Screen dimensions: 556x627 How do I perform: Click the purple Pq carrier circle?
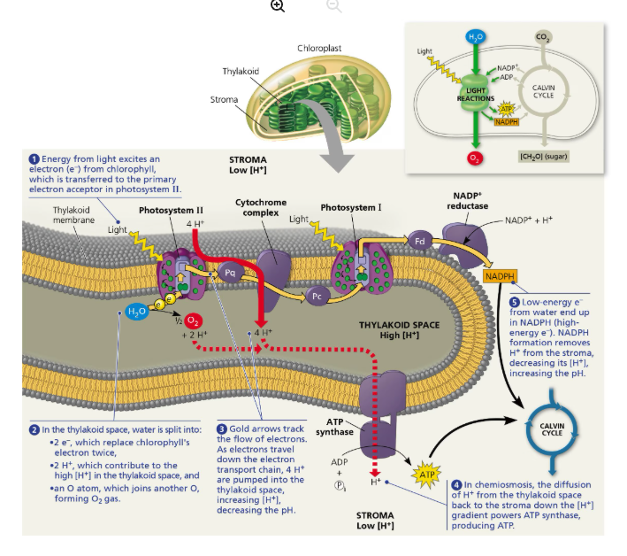click(x=230, y=274)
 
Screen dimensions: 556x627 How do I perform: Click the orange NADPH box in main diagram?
click(x=500, y=277)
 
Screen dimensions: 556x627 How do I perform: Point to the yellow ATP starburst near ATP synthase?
click(x=428, y=475)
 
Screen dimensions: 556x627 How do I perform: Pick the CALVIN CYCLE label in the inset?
click(x=543, y=90)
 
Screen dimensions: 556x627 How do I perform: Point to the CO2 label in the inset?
click(x=542, y=37)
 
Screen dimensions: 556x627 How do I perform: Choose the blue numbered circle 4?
click(x=456, y=484)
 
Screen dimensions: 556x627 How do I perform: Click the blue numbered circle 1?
click(x=34, y=159)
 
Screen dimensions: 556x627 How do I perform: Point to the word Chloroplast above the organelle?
click(x=319, y=48)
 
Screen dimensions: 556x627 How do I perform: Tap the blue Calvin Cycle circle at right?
click(x=551, y=429)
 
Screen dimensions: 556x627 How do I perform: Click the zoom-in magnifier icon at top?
click(x=278, y=6)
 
